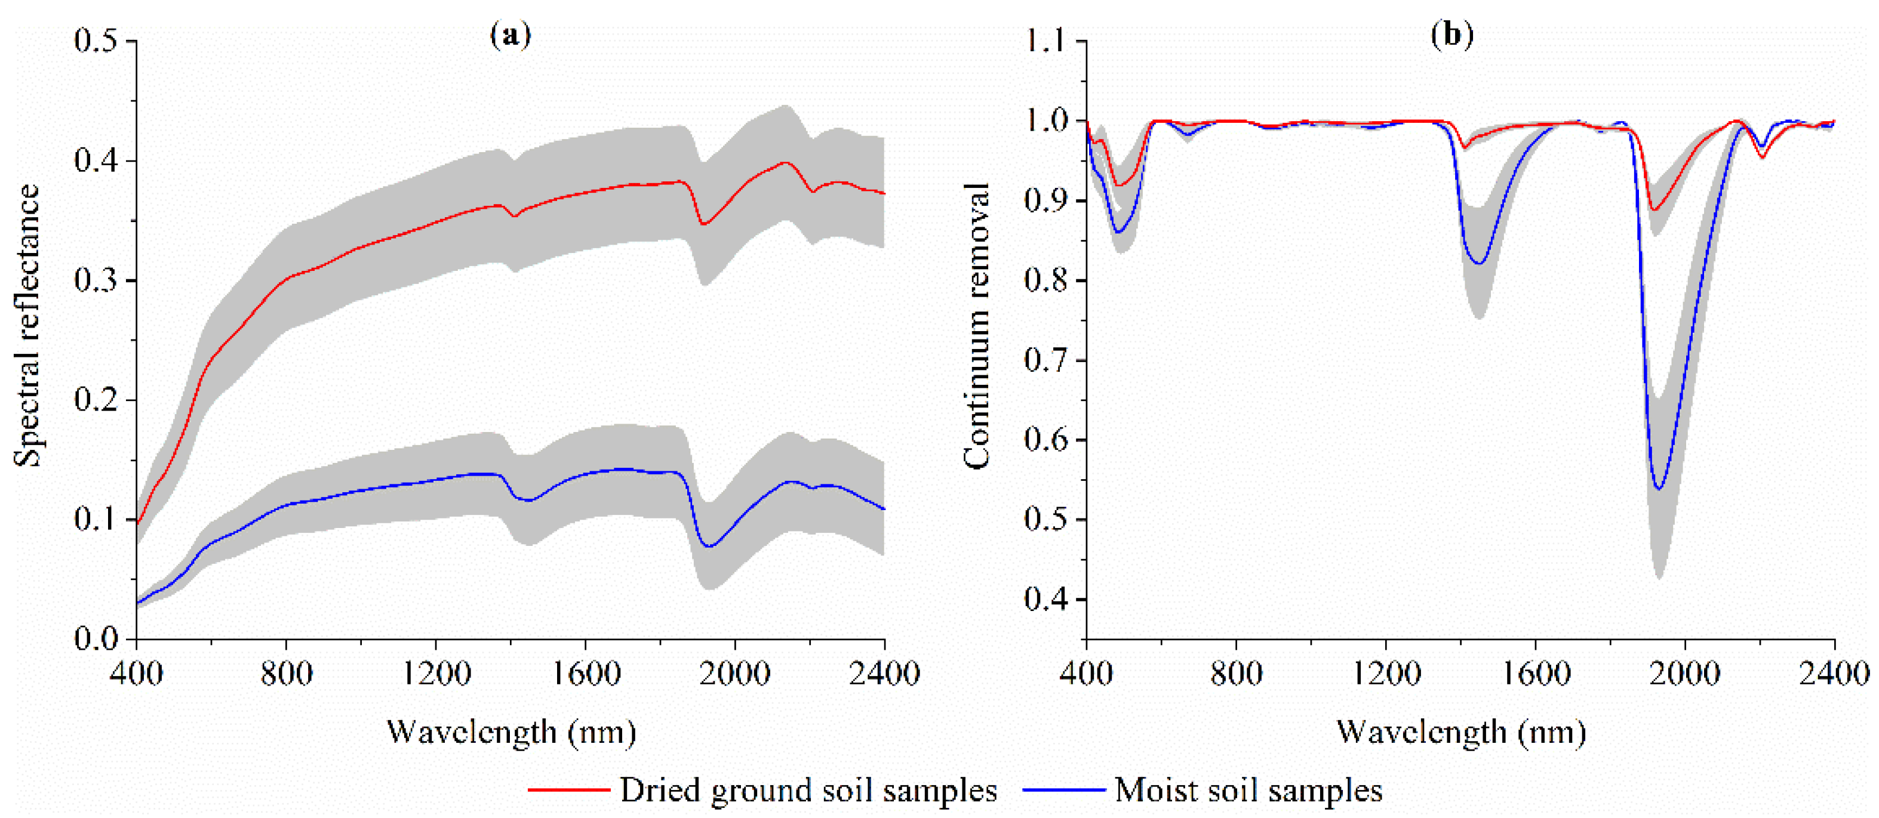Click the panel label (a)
point(511,34)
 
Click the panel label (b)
point(1451,34)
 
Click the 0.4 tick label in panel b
point(1046,599)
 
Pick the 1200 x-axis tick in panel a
point(436,672)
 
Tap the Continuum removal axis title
point(976,325)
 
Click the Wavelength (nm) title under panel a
point(511,731)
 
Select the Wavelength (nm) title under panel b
point(1461,731)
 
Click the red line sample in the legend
point(568,789)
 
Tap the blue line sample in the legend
point(1063,789)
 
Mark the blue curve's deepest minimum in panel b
point(1659,489)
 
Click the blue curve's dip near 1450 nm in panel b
point(1480,263)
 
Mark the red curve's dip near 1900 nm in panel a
point(703,224)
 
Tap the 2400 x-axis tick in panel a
point(884,672)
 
